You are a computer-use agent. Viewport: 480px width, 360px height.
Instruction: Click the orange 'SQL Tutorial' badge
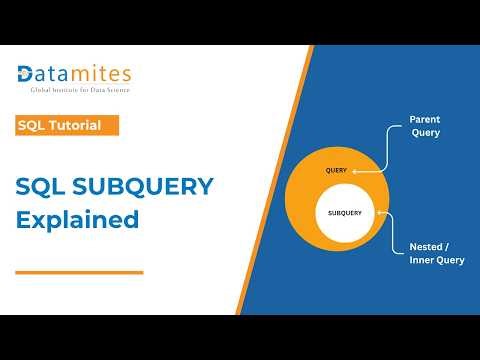tap(67, 125)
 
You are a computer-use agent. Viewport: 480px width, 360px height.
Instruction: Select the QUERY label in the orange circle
tap(336, 170)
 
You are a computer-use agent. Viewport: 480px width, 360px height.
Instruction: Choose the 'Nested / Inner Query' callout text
tap(436, 253)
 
